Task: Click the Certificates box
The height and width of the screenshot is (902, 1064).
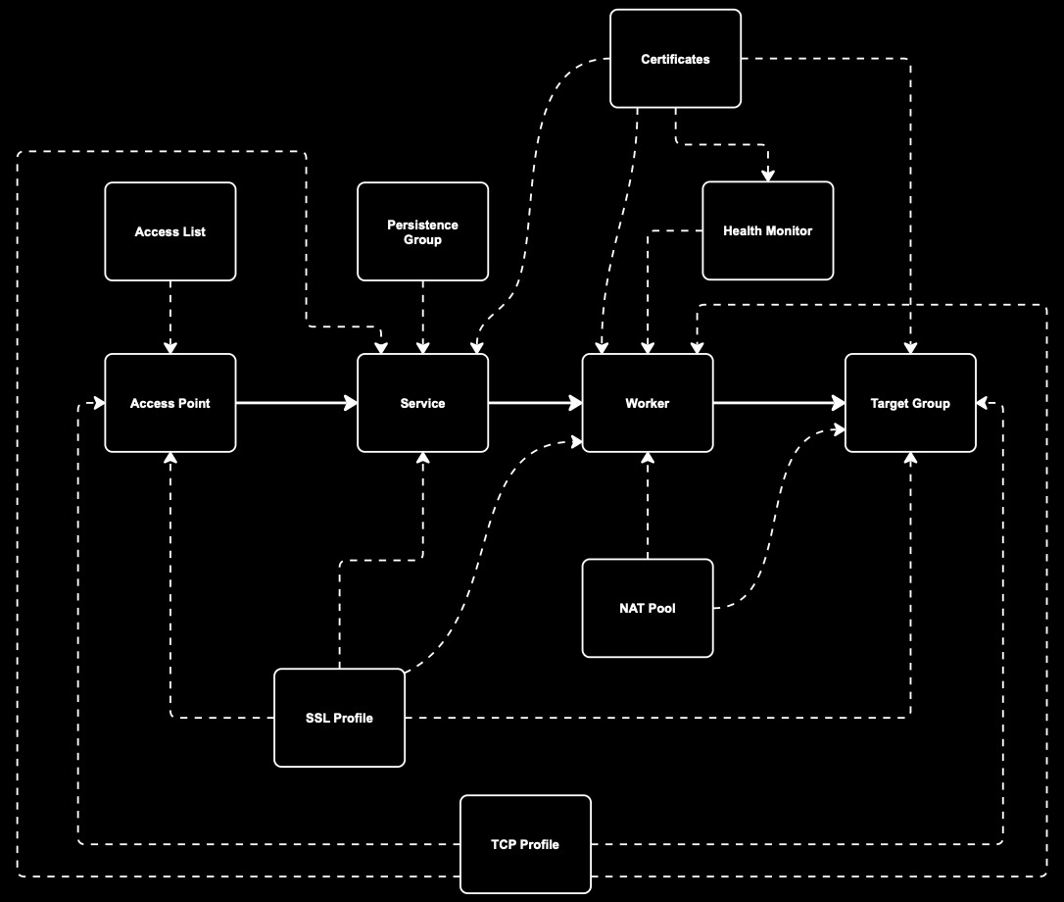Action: click(675, 59)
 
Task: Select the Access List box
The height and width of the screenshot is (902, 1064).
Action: click(170, 231)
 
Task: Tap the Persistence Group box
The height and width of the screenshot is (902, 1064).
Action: click(422, 231)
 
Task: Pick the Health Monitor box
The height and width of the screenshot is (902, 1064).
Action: click(768, 231)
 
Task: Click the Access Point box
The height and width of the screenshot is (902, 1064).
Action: click(170, 403)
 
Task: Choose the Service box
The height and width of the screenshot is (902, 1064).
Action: click(422, 403)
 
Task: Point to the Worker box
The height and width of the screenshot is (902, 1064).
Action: click(648, 403)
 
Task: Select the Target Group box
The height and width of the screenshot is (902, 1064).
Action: click(910, 403)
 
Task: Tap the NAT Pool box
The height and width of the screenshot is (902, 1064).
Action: click(648, 608)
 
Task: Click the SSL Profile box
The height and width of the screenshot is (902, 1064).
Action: click(339, 718)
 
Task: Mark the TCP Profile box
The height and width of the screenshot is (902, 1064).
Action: click(525, 844)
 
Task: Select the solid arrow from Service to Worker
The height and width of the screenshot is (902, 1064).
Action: click(535, 403)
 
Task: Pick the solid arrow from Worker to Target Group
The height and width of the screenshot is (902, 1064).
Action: click(779, 403)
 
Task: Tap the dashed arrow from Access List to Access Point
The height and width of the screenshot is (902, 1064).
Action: click(170, 316)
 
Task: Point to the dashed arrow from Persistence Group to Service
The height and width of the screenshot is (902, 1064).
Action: click(422, 316)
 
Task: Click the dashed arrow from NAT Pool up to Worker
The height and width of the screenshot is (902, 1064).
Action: click(648, 506)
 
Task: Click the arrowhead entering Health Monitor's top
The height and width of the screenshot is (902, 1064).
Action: click(768, 175)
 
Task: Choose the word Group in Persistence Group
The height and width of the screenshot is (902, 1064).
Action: click(422, 239)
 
